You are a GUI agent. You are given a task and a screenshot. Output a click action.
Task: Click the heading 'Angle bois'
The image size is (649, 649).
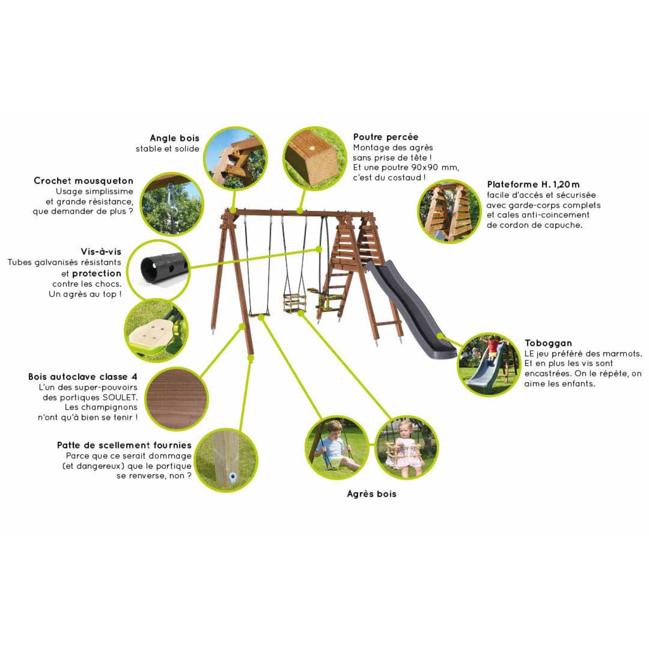click(x=174, y=138)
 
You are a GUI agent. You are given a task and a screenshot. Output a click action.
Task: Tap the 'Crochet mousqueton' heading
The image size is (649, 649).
click(x=84, y=181)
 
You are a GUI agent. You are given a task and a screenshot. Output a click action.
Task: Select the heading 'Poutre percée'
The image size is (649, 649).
click(x=386, y=137)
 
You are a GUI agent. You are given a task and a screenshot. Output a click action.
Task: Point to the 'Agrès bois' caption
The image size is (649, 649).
click(x=371, y=494)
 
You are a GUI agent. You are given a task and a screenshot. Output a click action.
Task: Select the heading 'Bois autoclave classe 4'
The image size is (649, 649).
click(x=83, y=377)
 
